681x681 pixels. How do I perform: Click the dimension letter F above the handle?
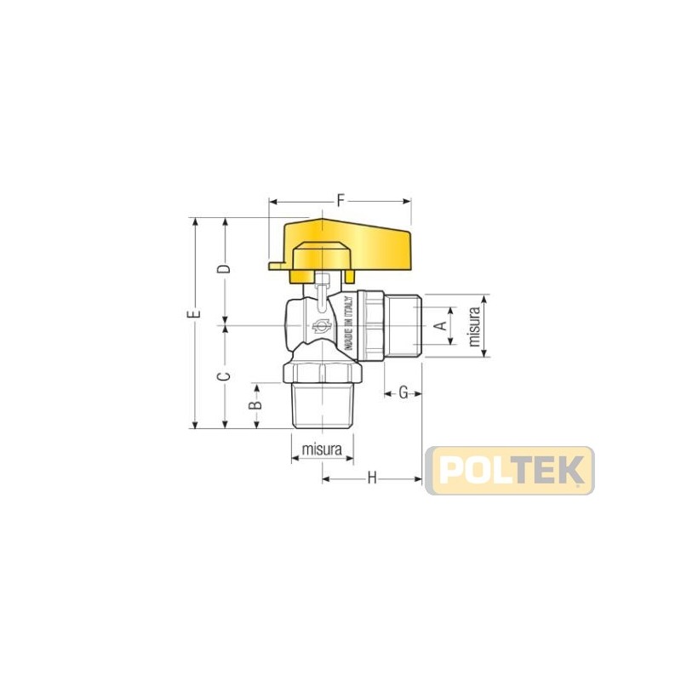tap(341, 201)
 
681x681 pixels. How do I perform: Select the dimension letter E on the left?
tap(197, 313)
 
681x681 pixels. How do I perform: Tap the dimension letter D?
tap(224, 269)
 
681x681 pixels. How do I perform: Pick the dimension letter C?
tap(224, 376)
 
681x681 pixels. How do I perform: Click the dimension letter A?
tap(441, 325)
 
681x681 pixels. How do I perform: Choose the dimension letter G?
tap(403, 393)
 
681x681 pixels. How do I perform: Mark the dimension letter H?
tap(372, 478)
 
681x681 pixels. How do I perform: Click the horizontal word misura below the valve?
tap(322, 449)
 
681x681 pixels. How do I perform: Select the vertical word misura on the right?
tap(475, 326)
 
